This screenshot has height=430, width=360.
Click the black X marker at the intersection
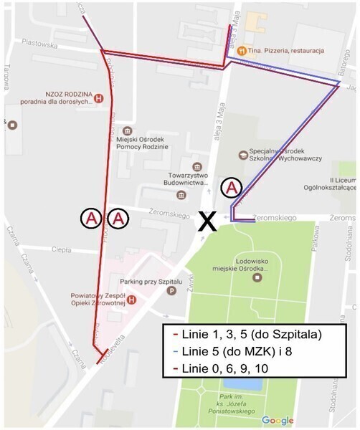pyautogui.click(x=208, y=221)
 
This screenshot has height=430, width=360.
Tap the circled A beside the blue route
pyautogui.click(x=232, y=188)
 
